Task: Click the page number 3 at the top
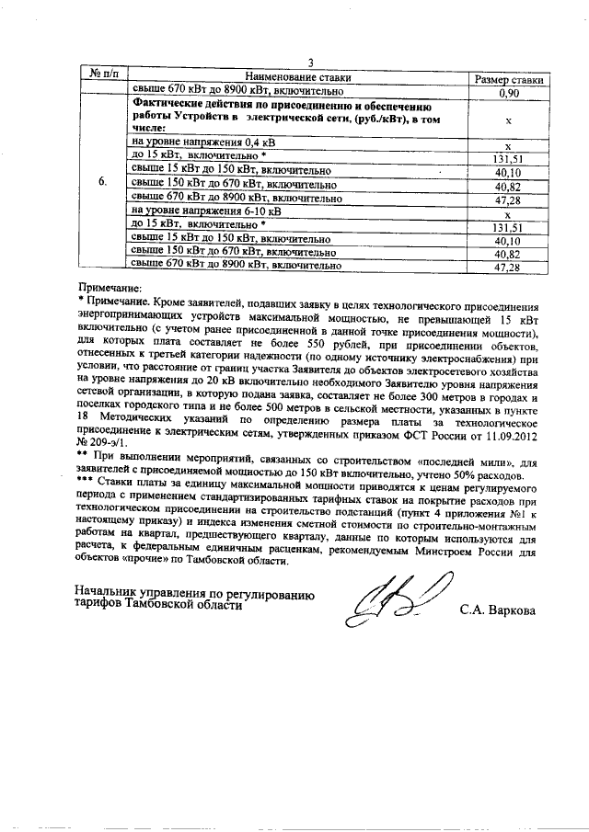(311, 63)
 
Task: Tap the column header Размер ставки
(508, 79)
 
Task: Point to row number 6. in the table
(103, 182)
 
